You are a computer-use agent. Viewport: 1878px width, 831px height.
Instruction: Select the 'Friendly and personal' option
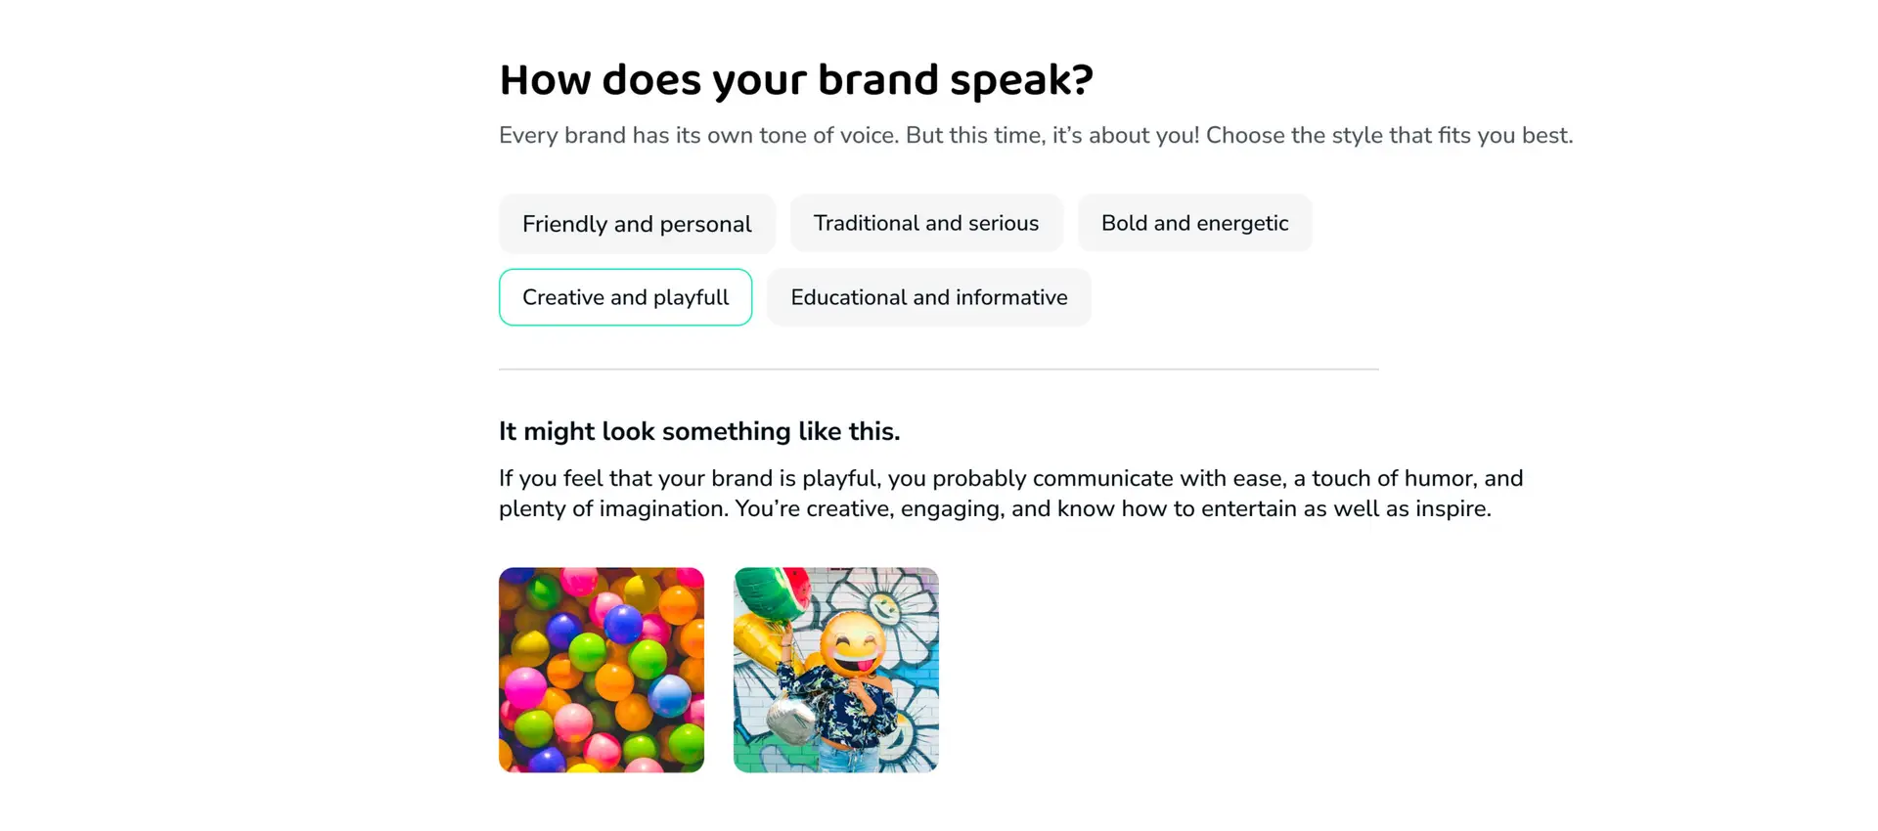tap(637, 224)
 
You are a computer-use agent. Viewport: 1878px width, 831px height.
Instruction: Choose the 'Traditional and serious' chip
tap(926, 223)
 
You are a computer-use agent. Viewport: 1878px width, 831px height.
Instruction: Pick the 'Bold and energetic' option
tap(1194, 223)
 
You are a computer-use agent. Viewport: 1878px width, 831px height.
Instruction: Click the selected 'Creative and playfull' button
tap(625, 297)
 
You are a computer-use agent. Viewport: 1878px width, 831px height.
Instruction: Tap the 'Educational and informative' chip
tap(929, 297)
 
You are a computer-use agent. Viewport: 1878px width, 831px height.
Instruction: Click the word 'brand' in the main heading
tap(878, 80)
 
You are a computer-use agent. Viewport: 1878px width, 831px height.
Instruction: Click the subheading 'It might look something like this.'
tap(699, 431)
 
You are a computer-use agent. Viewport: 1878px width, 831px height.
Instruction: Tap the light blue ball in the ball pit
tap(670, 695)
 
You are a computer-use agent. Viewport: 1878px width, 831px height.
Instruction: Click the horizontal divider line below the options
tap(939, 370)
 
